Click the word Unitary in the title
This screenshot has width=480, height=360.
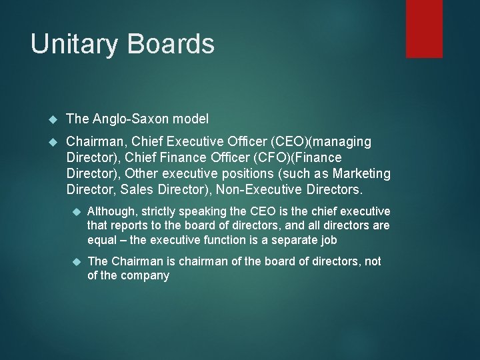(72, 44)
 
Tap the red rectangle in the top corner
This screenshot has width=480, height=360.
(425, 28)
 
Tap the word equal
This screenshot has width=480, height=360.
(102, 240)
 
